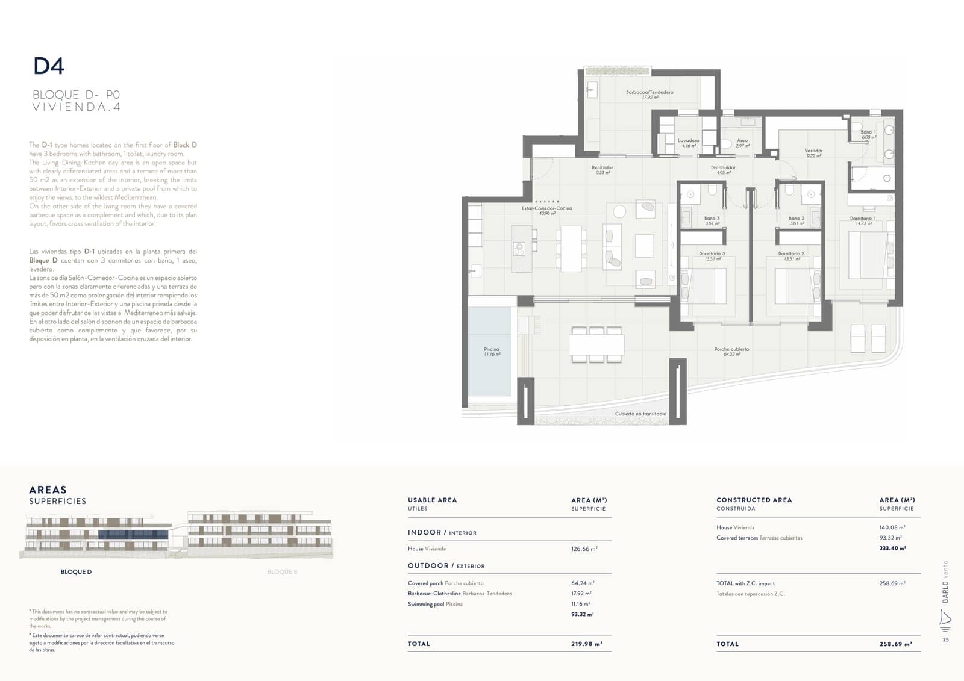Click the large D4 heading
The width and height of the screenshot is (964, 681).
point(49,66)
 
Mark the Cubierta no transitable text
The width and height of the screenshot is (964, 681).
point(640,414)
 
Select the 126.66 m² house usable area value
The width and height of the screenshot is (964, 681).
point(584,549)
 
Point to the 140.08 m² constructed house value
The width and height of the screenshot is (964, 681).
point(892,527)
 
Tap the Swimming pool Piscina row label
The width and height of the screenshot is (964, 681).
point(435,604)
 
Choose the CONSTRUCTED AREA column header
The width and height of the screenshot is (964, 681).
point(754,500)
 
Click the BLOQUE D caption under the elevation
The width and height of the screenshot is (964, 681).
point(76,572)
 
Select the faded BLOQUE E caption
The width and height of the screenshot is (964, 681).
point(282,572)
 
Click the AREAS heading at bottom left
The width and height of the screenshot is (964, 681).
point(48,490)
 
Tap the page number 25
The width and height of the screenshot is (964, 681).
point(945,639)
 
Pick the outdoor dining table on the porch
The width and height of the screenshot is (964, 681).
point(596,344)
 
